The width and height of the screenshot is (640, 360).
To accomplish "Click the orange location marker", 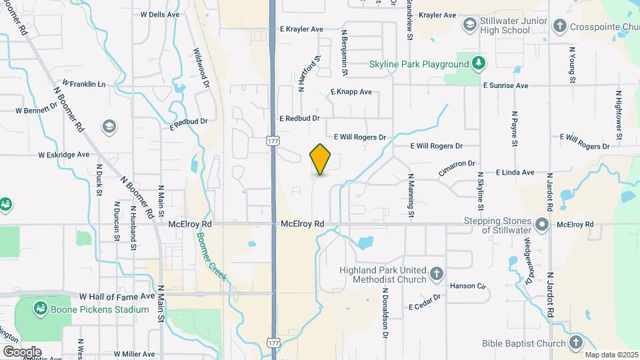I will (321, 159).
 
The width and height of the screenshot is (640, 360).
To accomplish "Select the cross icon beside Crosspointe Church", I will (559, 25).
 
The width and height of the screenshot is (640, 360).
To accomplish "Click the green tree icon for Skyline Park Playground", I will (478, 63).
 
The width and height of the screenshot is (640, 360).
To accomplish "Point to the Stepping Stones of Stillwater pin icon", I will (542, 224).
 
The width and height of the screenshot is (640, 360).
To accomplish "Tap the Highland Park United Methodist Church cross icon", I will (436, 273).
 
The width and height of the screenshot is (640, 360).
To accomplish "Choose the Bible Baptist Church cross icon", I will (577, 343).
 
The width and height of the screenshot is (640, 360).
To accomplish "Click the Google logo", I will (21, 351).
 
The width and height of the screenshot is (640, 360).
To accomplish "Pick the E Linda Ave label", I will (515, 172).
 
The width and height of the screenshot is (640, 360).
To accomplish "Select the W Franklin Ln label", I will (84, 84).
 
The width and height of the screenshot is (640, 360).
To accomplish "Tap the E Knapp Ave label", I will (351, 92).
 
